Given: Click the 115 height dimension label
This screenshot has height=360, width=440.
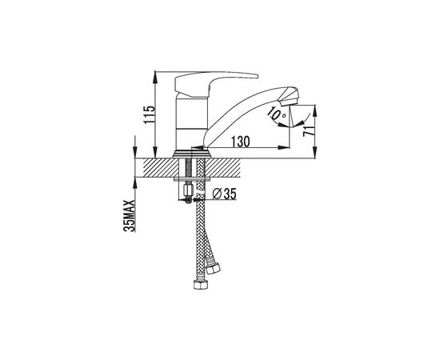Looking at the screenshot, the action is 149,114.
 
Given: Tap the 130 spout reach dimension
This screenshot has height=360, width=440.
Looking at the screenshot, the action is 241,142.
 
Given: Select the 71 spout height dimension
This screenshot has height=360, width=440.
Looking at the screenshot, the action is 308,131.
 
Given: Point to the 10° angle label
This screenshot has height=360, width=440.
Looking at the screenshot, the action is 277,114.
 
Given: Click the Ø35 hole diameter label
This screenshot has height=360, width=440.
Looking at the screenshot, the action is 225,194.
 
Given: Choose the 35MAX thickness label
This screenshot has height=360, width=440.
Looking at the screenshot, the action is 130,216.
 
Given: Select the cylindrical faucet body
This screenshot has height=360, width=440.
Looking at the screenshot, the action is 191,124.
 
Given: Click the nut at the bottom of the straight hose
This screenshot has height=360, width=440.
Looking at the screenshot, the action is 200,285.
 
